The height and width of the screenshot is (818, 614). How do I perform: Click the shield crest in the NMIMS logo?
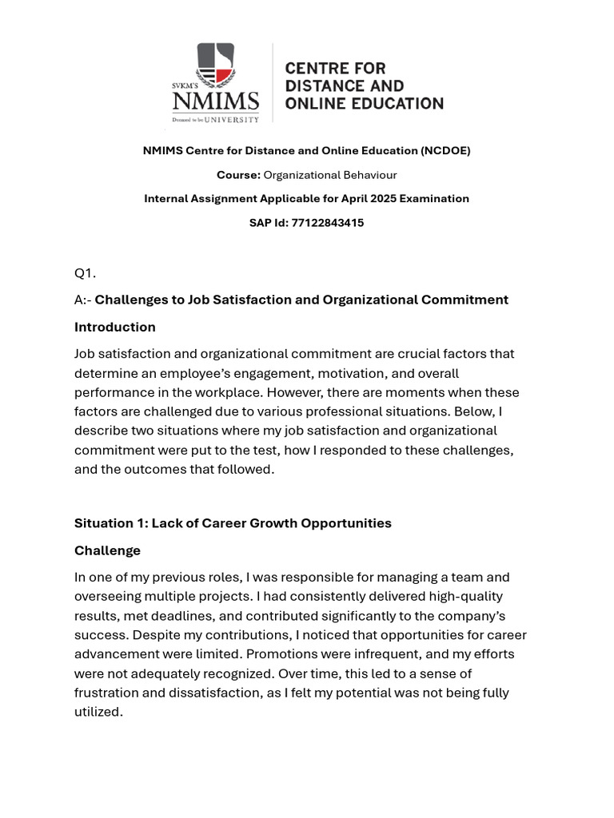tap(215, 65)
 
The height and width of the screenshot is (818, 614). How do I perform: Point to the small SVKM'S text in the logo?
tap(185, 83)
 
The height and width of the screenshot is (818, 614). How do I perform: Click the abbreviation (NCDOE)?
tap(445, 150)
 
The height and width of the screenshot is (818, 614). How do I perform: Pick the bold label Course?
tap(238, 175)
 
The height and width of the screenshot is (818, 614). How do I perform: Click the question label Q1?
tap(85, 273)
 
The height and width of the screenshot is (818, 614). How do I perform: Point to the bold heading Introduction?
tap(114, 327)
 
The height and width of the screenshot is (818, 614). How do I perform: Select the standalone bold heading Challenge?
tap(107, 550)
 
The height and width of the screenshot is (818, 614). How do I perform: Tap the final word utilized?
tap(98, 712)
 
